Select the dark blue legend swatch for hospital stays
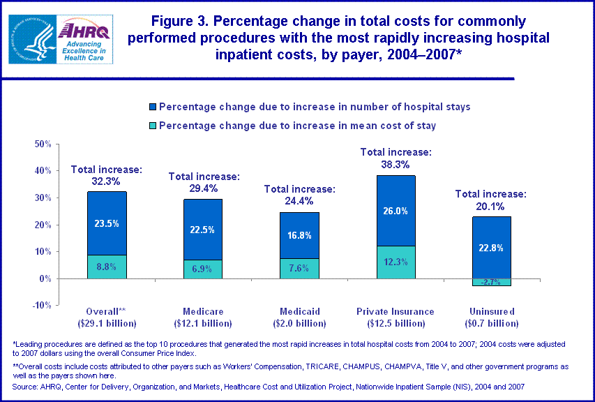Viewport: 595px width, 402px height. click(x=152, y=107)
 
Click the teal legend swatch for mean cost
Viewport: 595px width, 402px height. click(x=152, y=126)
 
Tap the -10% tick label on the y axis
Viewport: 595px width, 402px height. click(x=41, y=306)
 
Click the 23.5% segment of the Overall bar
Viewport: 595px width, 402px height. click(x=107, y=224)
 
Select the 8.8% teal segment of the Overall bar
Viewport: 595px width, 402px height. click(x=107, y=267)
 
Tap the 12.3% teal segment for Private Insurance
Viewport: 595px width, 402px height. click(x=396, y=262)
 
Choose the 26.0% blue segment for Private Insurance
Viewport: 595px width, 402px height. click(x=396, y=211)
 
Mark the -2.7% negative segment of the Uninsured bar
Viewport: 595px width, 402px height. click(x=492, y=282)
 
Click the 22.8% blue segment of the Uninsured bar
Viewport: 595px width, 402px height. click(x=492, y=248)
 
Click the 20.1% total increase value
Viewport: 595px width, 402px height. click(x=490, y=206)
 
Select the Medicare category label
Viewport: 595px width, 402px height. click(x=203, y=312)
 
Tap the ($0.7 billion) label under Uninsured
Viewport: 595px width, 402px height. click(x=492, y=323)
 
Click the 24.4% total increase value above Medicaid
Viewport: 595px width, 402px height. click(x=299, y=200)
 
